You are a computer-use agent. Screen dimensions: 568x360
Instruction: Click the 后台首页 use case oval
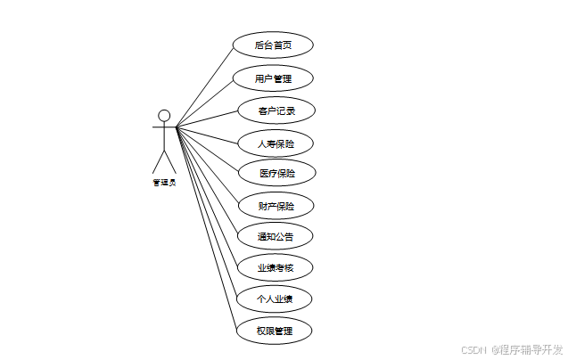273,45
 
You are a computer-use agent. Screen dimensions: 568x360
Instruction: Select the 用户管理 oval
273,78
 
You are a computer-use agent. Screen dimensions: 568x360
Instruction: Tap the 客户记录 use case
276,110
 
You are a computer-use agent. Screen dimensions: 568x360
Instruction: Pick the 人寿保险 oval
276,143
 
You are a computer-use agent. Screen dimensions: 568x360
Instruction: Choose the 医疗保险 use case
276,173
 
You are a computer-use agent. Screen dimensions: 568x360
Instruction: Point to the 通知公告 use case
275,236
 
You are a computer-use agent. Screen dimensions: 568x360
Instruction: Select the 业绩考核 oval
275,266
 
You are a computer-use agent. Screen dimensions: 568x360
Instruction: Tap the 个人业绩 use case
275,298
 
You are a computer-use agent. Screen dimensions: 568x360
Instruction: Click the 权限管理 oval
273,331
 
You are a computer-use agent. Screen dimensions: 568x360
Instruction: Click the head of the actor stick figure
164,115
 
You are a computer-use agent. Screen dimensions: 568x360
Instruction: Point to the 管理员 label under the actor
164,183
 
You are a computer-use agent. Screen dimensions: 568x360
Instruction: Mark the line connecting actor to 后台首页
204,85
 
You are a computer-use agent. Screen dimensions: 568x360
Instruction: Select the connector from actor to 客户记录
207,119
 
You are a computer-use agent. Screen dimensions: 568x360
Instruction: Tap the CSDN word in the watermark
473,349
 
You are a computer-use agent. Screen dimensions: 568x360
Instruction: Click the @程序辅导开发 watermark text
526,349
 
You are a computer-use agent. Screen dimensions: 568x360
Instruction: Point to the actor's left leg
158,162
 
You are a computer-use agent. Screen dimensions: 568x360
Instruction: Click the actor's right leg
170,162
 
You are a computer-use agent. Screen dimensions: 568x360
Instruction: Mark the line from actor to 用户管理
204,102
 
